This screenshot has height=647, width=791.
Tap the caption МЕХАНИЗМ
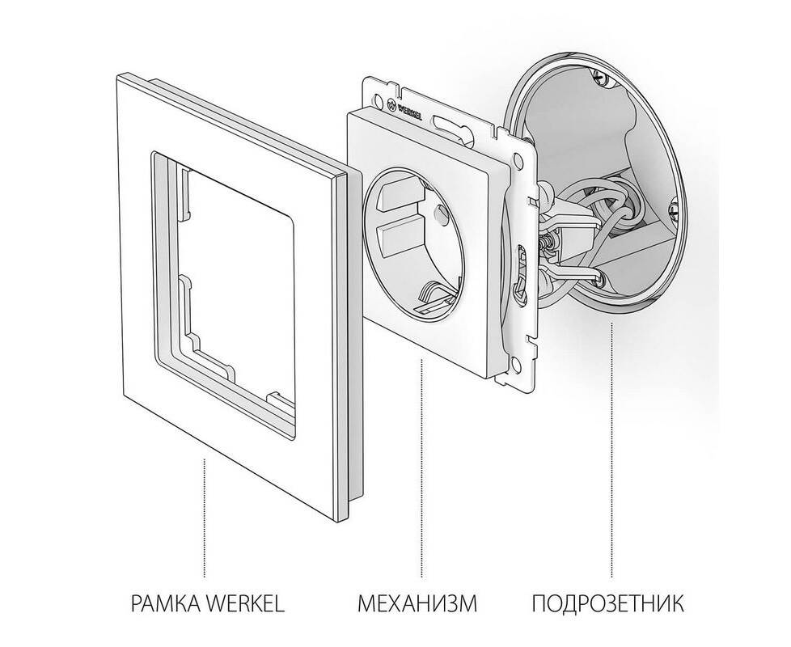click(x=417, y=603)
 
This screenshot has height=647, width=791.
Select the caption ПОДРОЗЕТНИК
click(x=608, y=603)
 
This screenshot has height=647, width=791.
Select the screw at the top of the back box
click(x=598, y=77)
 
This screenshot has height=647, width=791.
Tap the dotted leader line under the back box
click(x=611, y=450)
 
